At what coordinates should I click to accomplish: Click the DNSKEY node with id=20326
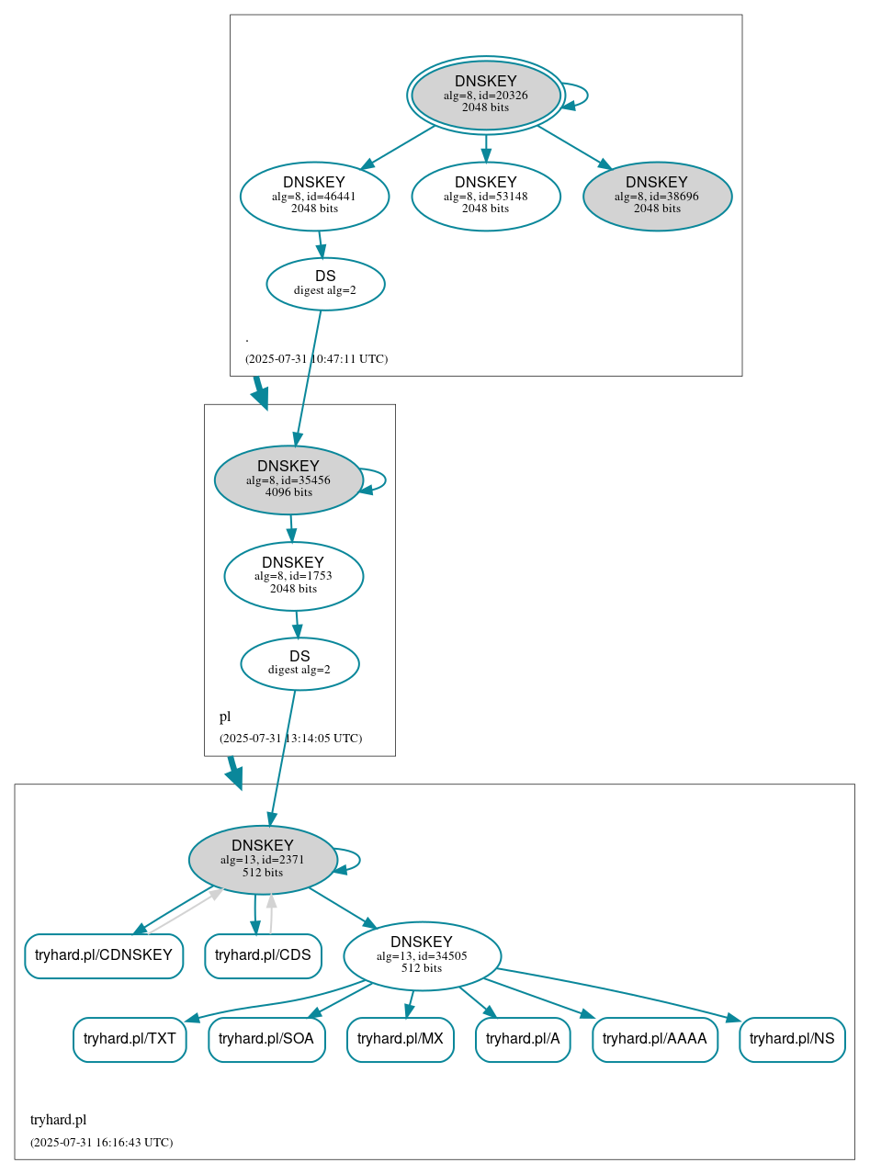pos(485,96)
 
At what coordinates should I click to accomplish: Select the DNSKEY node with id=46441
pos(314,196)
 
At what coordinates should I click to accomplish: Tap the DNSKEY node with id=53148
pos(485,196)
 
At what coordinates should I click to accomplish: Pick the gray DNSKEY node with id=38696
pos(657,196)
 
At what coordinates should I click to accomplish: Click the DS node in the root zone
pos(325,284)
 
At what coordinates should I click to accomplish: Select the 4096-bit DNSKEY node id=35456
pos(288,480)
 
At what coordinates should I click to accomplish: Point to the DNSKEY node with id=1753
pos(293,576)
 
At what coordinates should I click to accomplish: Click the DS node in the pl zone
pos(299,663)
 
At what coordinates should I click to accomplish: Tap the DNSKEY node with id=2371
pos(263,860)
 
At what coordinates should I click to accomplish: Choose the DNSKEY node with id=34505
pos(422,956)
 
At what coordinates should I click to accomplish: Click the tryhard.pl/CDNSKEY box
pos(104,955)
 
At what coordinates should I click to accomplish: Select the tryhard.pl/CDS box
pos(263,955)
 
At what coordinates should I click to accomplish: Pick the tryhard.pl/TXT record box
pos(130,1039)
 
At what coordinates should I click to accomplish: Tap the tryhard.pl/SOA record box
pos(266,1039)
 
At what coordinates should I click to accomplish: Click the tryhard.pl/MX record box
pos(401,1039)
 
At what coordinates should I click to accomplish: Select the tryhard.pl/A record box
pos(523,1039)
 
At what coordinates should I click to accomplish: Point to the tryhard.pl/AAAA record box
pos(654,1039)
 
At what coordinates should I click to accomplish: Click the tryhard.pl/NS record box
pos(792,1039)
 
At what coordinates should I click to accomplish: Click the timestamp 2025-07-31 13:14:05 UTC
pos(290,739)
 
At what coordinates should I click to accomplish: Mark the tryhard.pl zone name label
pos(58,1120)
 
